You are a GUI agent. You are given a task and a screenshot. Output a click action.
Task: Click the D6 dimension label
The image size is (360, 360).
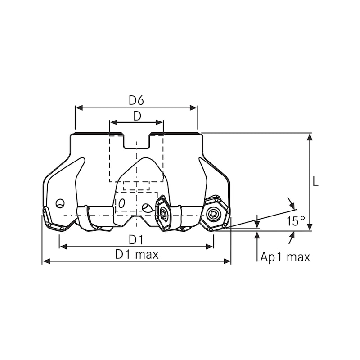coord(136,100)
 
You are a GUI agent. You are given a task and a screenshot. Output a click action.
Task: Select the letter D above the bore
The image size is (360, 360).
coord(137,116)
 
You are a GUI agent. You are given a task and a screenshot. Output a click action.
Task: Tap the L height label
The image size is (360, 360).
coord(316,181)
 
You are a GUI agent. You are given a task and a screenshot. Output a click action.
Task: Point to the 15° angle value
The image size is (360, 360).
coord(296,221)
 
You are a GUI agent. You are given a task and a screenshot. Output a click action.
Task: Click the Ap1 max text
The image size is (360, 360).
coord(285,257)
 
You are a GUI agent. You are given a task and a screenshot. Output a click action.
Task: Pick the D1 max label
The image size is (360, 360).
coord(137,254)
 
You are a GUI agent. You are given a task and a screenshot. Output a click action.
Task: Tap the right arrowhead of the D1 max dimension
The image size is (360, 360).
coord(228,261)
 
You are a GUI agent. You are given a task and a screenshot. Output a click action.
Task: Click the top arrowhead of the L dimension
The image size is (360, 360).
coord(310,136)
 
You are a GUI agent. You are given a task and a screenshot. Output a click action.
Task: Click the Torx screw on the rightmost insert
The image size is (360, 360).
coord(214,214)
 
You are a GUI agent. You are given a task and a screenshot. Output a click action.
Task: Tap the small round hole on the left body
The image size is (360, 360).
coord(59,203)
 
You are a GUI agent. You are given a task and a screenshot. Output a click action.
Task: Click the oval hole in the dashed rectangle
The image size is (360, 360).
coord(121,204)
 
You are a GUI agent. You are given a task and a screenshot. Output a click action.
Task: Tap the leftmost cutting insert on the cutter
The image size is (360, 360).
coord(53,220)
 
